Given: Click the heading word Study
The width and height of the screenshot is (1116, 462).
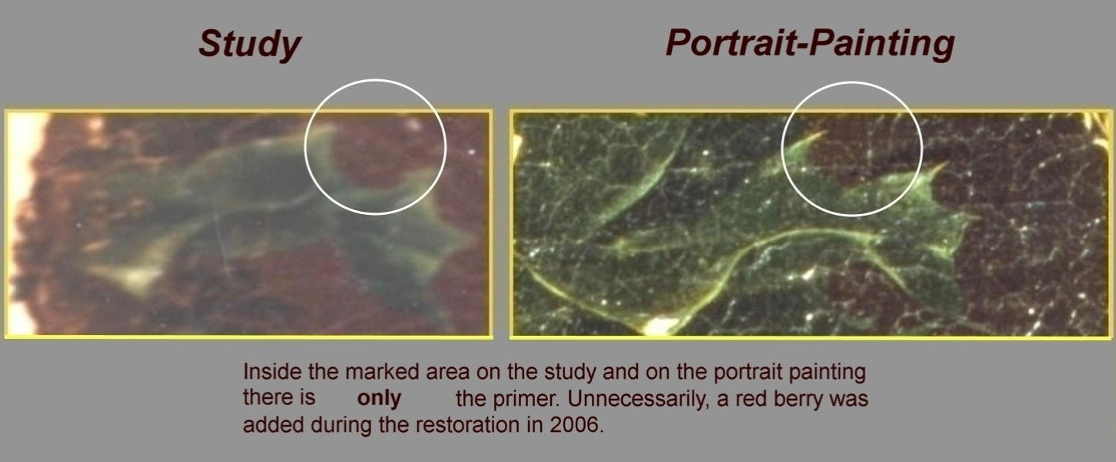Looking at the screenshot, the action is (x=249, y=45).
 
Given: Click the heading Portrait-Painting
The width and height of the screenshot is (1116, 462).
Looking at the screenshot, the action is (x=810, y=45).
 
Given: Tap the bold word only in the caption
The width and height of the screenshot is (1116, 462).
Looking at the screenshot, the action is (x=379, y=398).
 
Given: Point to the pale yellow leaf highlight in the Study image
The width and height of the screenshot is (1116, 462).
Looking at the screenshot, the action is (x=133, y=275).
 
